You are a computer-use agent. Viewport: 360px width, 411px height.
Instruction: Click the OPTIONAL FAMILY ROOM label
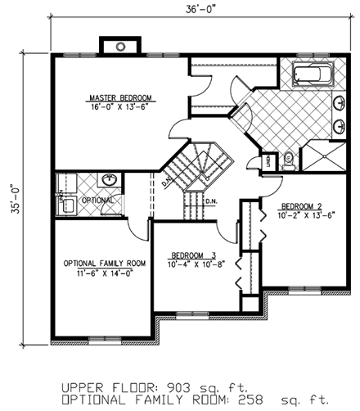tap(105, 263)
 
